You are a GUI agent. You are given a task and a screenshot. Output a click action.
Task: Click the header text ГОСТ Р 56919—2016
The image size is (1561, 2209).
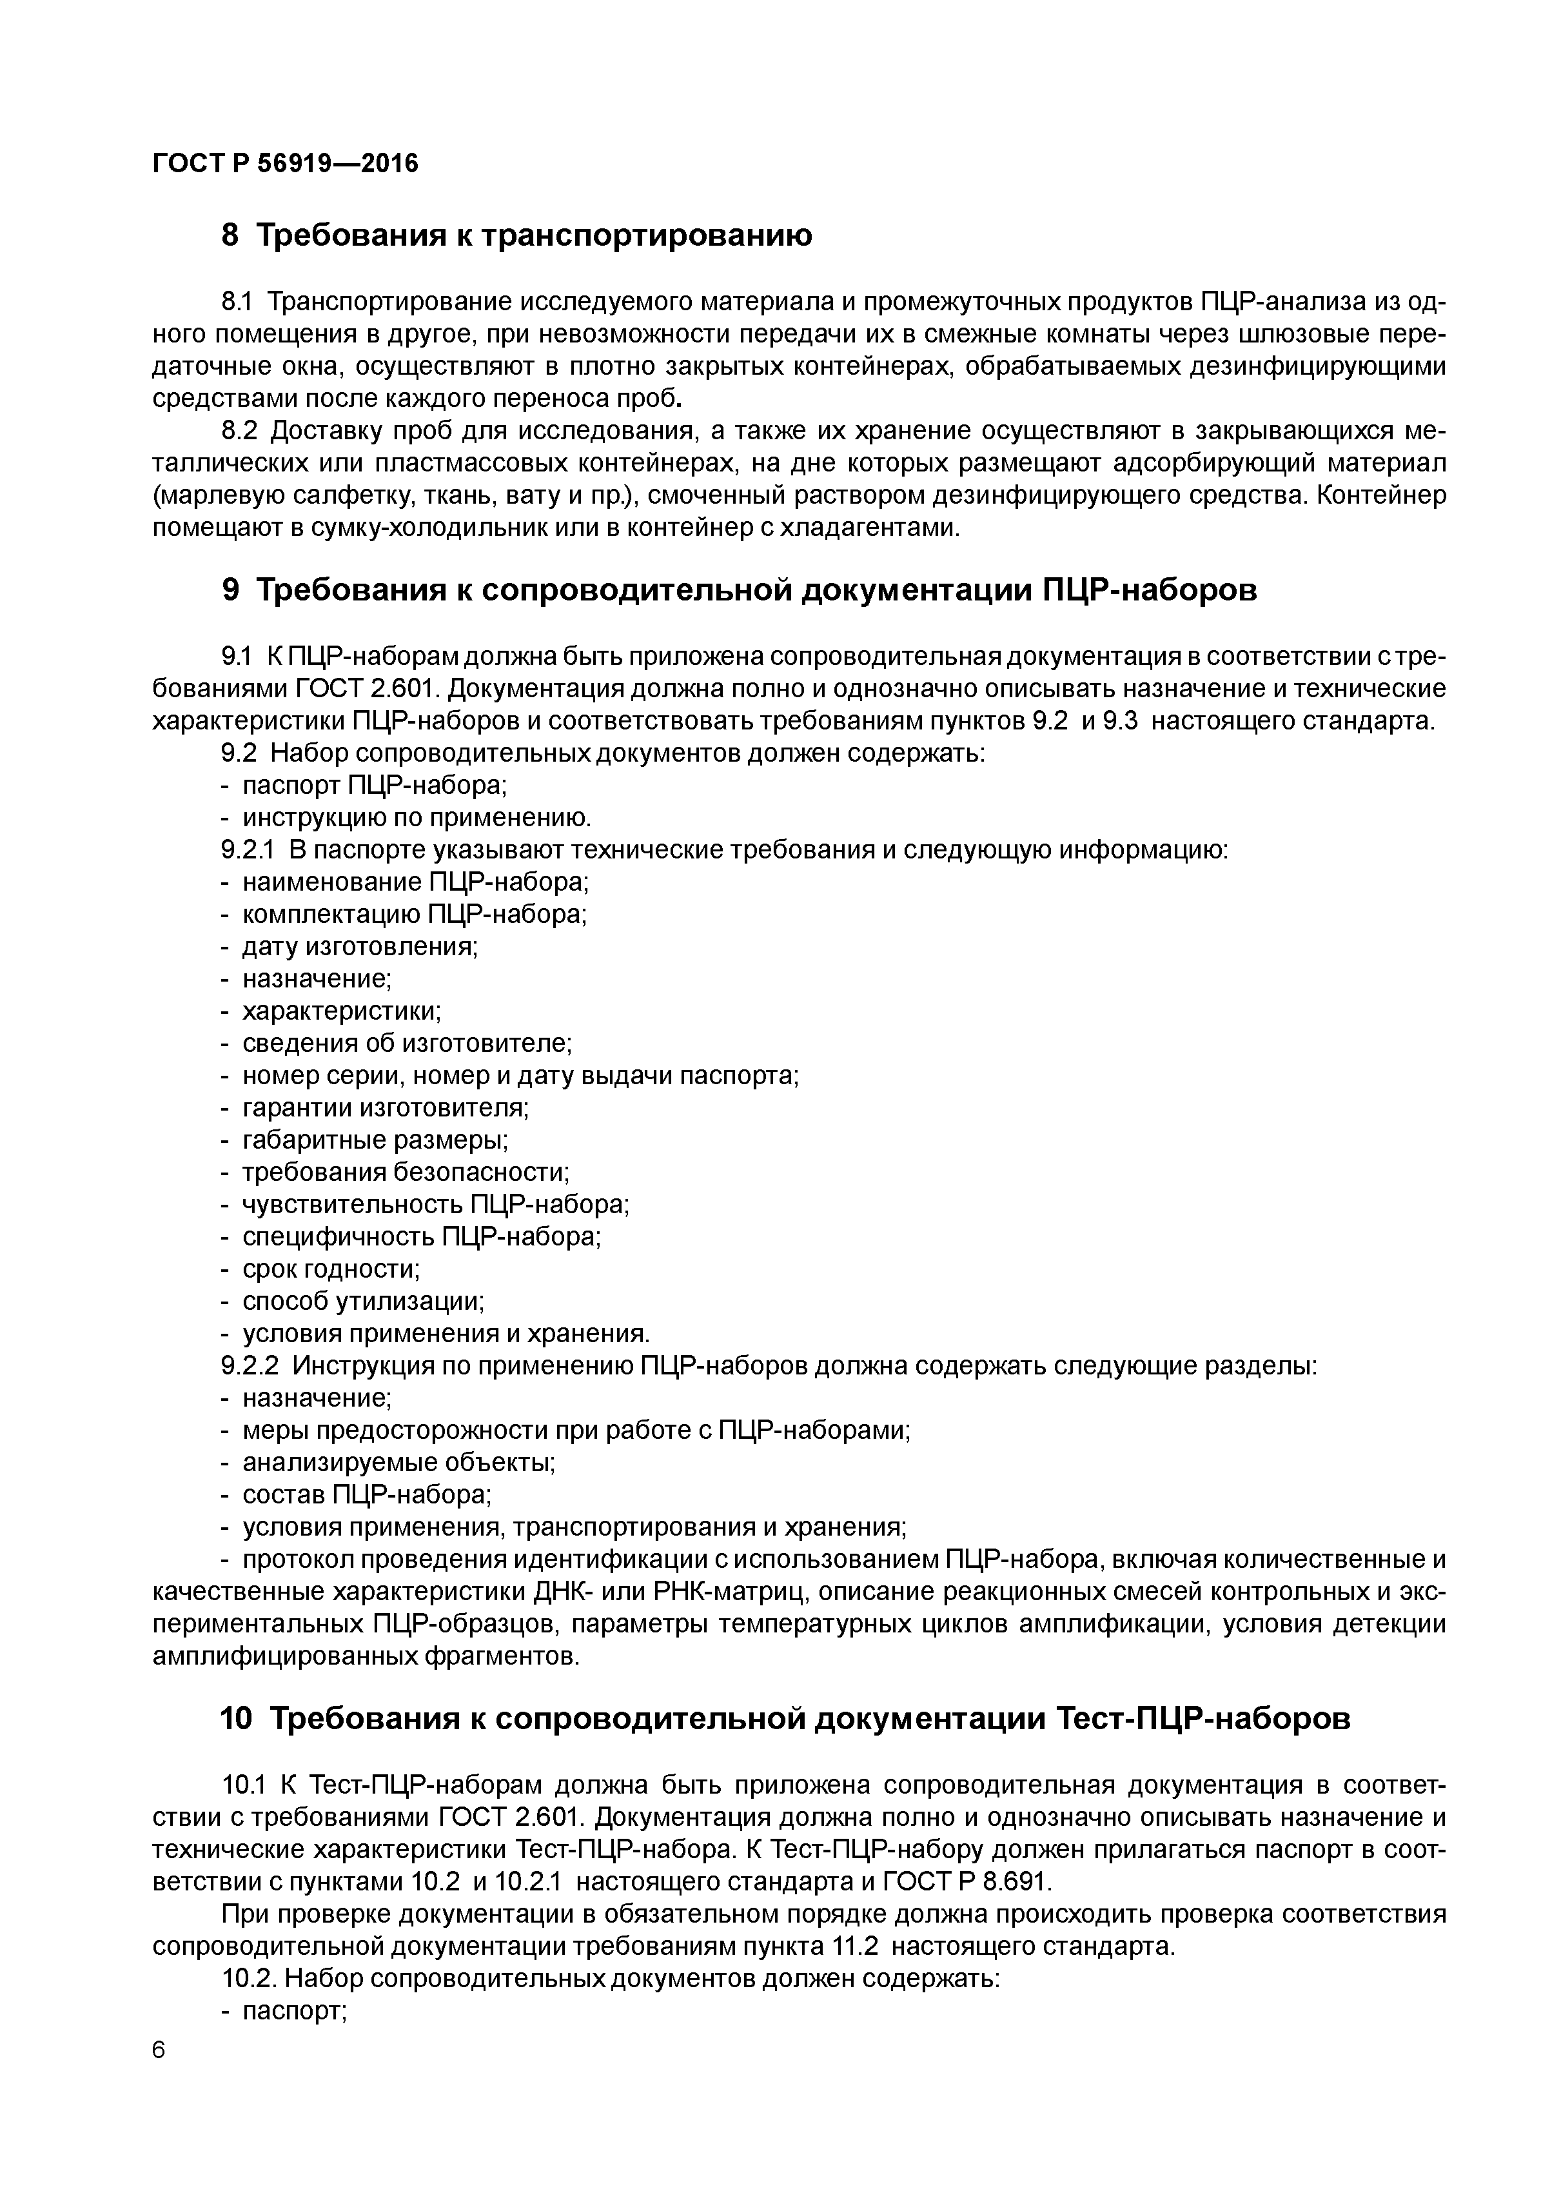coord(286,164)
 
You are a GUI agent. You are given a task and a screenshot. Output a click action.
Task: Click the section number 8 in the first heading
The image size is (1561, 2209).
coord(230,235)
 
